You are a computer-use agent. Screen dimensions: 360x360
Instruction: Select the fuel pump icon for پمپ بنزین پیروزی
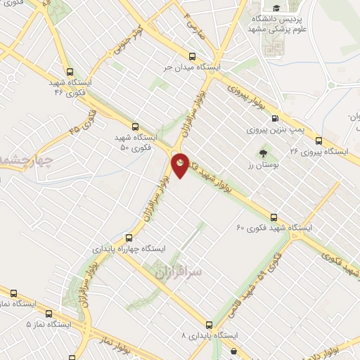click(274, 118)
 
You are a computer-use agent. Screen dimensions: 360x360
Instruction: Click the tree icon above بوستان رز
click(263, 153)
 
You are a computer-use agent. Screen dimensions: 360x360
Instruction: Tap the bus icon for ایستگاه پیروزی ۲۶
click(319, 140)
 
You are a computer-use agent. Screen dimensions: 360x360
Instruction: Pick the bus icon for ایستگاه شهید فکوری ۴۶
click(69, 71)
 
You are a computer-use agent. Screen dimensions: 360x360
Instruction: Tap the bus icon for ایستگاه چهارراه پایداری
click(128, 238)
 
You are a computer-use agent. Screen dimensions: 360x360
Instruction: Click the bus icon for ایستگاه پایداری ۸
click(209, 325)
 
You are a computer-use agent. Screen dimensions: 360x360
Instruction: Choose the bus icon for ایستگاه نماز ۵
click(48, 314)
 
